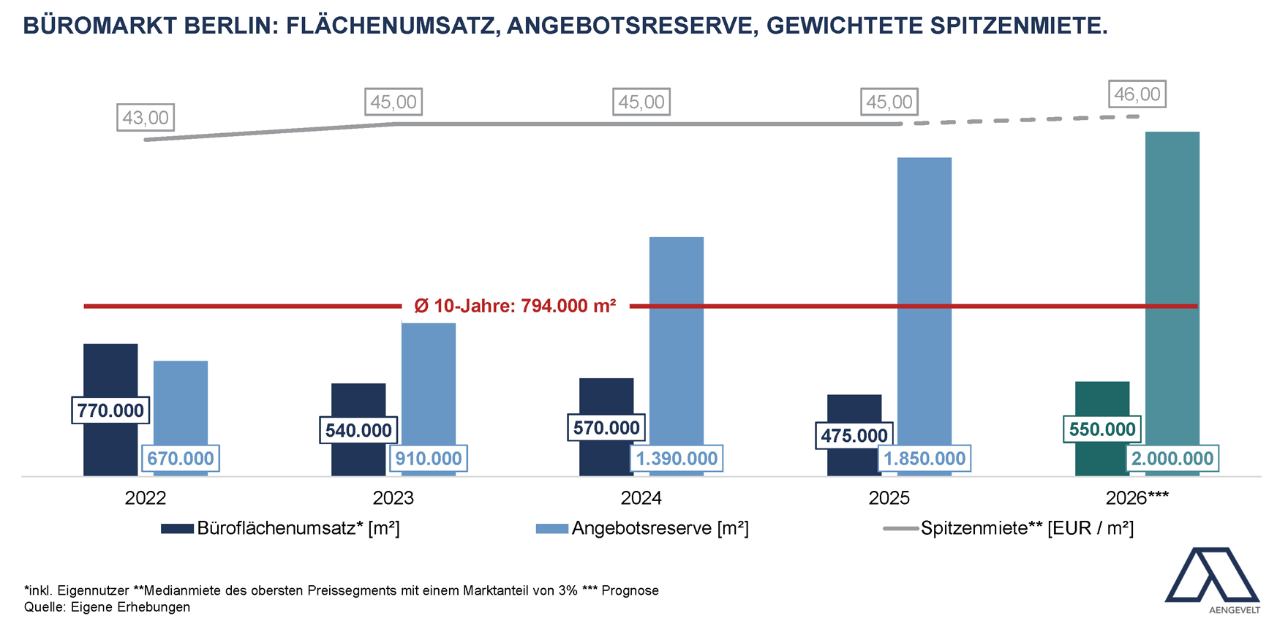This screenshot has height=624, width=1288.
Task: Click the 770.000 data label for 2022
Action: coord(110,410)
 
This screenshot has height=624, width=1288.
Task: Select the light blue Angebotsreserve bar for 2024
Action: coord(677,337)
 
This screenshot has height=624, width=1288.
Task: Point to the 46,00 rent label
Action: coord(1137,94)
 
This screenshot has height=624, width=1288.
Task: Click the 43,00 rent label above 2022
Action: coord(146,118)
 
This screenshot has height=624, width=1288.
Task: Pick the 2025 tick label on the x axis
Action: coord(889,498)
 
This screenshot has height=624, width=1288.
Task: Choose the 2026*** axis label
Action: coord(1137,498)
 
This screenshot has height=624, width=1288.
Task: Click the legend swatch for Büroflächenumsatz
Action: coord(177,528)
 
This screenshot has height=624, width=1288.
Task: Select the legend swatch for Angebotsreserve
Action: coord(551,528)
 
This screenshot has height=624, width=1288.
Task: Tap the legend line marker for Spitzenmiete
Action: coord(900,528)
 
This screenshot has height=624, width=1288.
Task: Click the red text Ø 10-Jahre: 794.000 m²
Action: coord(515,306)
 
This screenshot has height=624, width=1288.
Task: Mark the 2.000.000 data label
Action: coord(1172,459)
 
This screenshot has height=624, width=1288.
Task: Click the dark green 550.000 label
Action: coord(1102,429)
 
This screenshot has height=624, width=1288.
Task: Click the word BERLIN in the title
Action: coord(228,26)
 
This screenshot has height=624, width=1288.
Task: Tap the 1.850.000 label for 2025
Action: coord(924,459)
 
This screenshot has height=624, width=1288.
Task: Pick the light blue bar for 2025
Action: coord(924,293)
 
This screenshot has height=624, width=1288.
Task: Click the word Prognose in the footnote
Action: coord(630,590)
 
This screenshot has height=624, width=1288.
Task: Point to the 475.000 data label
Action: coord(854,436)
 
